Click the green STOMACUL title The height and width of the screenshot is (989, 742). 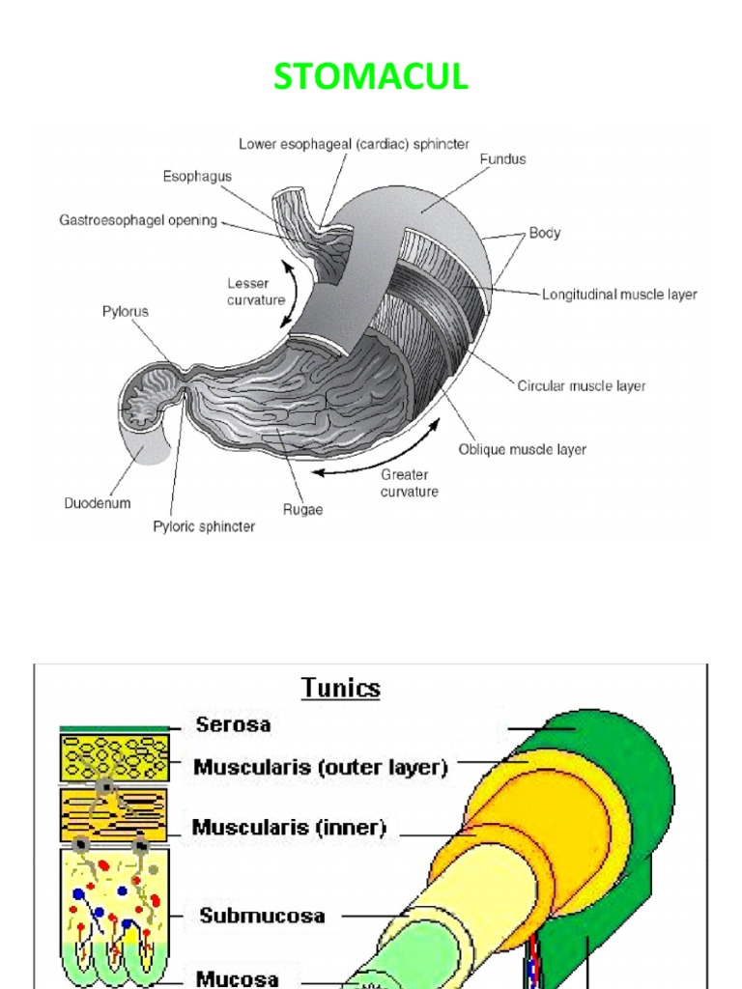371,77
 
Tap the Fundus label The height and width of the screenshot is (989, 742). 503,159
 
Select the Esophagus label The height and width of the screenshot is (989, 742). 197,177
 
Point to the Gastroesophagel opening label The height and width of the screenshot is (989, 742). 138,220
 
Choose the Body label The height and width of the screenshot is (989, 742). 545,234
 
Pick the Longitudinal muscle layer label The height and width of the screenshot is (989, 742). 619,295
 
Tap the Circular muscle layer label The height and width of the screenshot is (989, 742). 582,386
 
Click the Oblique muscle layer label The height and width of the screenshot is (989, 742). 522,449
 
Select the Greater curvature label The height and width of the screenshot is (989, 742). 410,483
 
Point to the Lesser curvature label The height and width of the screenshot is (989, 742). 256,291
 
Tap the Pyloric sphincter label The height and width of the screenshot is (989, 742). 205,526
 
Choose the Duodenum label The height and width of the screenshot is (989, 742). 97,503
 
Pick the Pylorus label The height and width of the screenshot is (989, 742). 126,312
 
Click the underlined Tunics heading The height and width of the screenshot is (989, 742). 341,688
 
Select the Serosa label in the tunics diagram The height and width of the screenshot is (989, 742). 234,724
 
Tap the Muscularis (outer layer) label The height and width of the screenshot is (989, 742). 321,767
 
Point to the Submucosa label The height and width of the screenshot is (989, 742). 262,915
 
